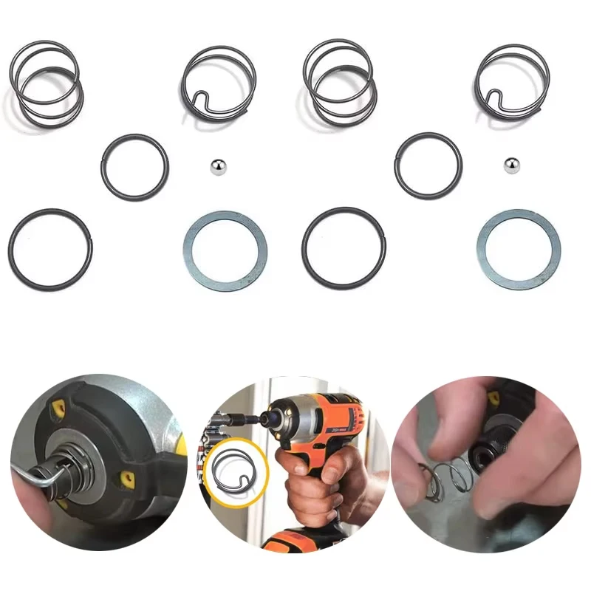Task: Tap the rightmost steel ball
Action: pos(510,166)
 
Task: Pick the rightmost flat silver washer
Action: pos(519,245)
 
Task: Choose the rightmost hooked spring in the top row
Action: pos(512,81)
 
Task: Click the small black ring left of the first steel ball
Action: pos(134,166)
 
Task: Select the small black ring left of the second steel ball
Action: pos(428,166)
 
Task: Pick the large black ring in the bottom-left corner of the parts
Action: pos(50,250)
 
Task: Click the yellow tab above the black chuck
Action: pos(493,399)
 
